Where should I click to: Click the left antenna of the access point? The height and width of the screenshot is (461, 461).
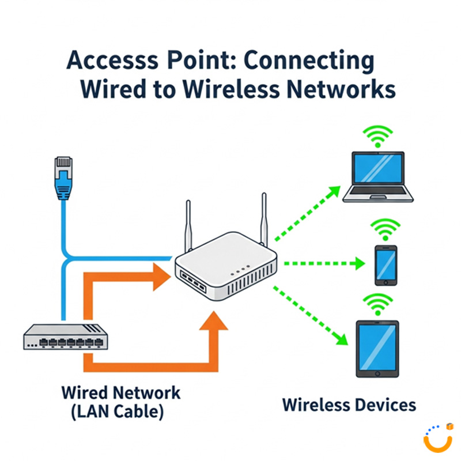pos(188,225)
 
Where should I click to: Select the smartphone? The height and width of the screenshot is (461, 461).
pos(386,265)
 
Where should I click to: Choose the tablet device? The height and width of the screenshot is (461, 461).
pos(377,349)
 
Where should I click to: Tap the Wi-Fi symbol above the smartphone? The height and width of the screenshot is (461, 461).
pos(386,229)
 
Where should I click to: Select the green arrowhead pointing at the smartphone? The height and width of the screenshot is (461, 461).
pos(358,264)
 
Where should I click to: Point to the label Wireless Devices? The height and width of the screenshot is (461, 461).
pos(349,405)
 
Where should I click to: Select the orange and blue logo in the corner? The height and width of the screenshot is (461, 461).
pos(437,438)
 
